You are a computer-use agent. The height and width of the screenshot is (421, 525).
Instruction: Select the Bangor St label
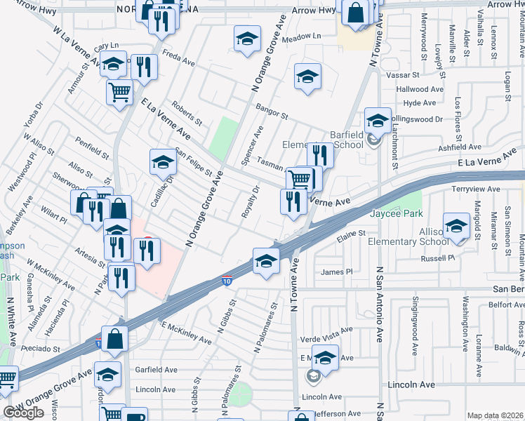[x=272, y=112]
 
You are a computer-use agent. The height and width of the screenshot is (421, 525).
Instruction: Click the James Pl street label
[x=336, y=272]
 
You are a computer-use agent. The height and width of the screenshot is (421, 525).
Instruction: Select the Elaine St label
[x=351, y=233]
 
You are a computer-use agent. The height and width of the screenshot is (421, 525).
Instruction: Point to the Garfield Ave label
[x=159, y=370]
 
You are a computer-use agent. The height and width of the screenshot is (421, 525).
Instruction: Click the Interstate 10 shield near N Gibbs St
[x=226, y=281]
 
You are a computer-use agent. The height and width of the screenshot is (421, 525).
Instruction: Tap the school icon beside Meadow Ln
[x=247, y=39]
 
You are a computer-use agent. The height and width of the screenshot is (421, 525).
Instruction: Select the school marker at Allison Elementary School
[x=456, y=228]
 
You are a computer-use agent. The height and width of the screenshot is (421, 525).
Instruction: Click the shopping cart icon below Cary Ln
[x=120, y=91]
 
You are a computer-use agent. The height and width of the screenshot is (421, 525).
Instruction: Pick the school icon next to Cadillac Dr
[x=163, y=161]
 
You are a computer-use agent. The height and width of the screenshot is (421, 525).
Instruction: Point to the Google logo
[x=23, y=413]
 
